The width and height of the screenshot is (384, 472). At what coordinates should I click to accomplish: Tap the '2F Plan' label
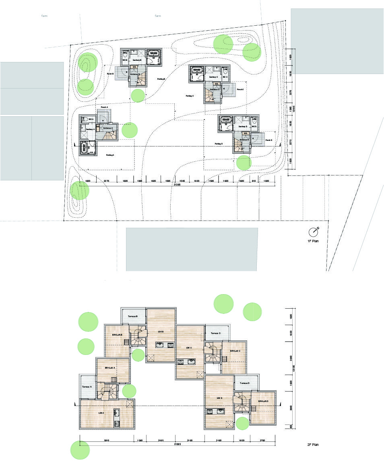click(x=312, y=445)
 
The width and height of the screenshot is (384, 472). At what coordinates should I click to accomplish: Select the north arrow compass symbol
click(x=313, y=232)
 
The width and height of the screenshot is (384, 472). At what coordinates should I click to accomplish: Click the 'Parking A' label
click(x=110, y=155)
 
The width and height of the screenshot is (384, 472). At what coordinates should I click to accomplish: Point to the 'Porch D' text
click(x=268, y=140)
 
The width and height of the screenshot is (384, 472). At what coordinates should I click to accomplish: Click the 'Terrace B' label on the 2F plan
click(x=133, y=317)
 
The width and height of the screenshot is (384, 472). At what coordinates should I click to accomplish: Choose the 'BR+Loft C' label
click(x=235, y=351)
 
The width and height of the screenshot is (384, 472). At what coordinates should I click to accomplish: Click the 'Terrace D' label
click(x=245, y=383)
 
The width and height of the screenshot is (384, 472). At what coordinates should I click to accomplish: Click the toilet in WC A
click(x=85, y=120)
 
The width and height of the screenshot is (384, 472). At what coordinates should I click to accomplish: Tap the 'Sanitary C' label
click(x=213, y=76)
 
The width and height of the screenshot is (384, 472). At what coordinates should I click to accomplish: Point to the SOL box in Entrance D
click(x=245, y=133)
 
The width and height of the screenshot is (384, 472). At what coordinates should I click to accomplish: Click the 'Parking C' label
click(x=190, y=96)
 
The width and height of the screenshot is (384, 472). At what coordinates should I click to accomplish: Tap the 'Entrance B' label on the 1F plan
click(x=135, y=74)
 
